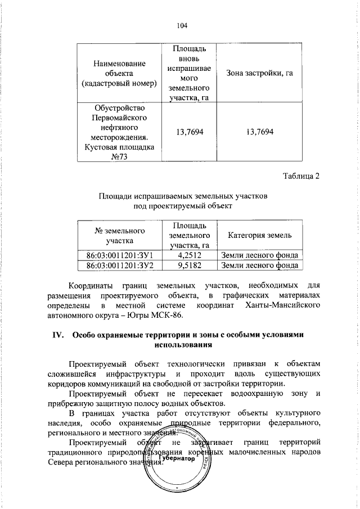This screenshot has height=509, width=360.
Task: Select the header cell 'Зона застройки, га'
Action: click(x=260, y=73)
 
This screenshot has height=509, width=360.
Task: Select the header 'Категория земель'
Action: click(x=259, y=235)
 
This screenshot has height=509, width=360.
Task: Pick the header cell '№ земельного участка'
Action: click(x=119, y=235)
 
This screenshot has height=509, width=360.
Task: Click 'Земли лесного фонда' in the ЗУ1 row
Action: click(x=259, y=255)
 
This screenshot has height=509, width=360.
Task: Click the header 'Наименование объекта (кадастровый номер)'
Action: click(x=119, y=73)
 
